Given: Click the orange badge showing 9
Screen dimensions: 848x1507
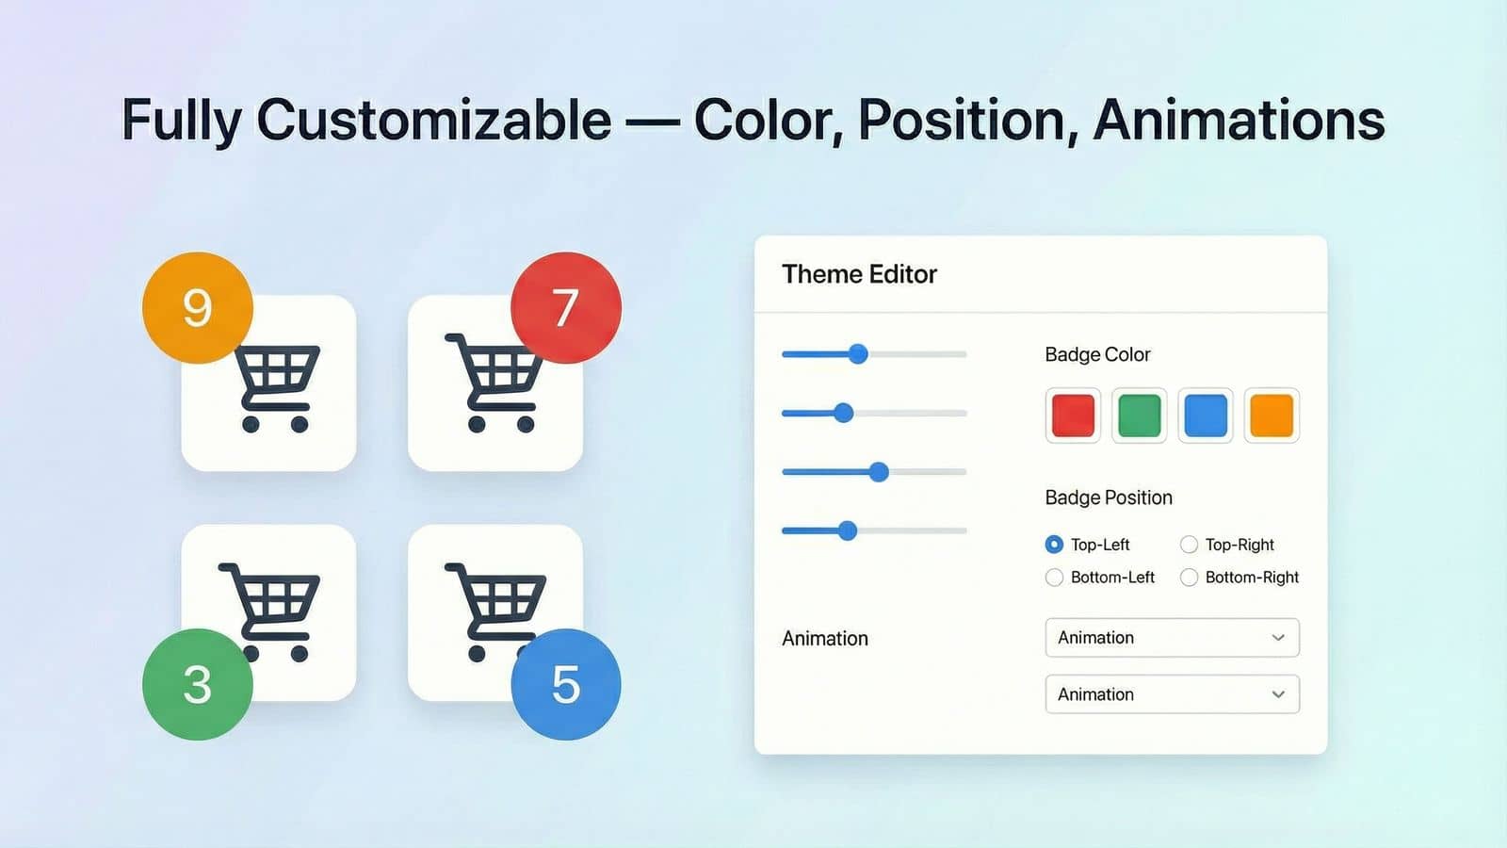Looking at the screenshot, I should click(x=197, y=307).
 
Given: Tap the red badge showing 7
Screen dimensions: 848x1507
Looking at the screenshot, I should click(x=565, y=307).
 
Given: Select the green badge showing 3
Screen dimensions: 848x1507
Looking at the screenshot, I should click(x=197, y=684).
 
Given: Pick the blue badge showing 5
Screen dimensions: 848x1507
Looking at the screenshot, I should click(x=565, y=684).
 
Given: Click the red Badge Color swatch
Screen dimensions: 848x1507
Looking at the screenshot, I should click(x=1073, y=416).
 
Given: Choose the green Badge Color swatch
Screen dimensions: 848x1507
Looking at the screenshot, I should click(x=1139, y=416).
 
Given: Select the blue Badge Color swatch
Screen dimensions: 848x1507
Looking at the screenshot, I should click(x=1206, y=416).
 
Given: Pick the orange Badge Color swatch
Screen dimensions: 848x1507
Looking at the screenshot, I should click(x=1272, y=416).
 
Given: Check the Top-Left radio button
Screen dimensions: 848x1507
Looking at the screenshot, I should click(x=1054, y=545).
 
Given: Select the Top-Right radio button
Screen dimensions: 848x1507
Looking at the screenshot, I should click(x=1189, y=545).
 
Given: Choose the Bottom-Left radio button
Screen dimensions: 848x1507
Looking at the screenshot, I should click(x=1054, y=578).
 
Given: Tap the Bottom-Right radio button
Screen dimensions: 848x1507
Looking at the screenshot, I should click(x=1189, y=578).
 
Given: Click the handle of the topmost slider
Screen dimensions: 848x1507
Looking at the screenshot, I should click(x=858, y=354).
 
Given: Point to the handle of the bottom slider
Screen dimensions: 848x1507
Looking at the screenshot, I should click(x=848, y=530).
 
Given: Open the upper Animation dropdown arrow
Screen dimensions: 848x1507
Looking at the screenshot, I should click(x=1278, y=638).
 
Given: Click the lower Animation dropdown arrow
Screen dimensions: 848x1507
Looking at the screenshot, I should click(x=1278, y=694).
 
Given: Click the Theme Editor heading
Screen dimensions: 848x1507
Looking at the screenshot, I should click(x=859, y=274).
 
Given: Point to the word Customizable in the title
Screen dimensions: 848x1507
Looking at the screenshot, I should click(x=434, y=121).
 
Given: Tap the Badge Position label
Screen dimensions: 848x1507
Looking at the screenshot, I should click(x=1109, y=497).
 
